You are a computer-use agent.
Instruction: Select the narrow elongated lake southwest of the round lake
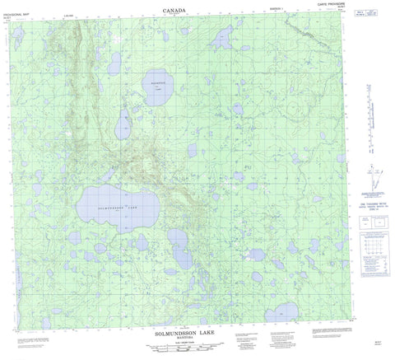pos(124,124)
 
